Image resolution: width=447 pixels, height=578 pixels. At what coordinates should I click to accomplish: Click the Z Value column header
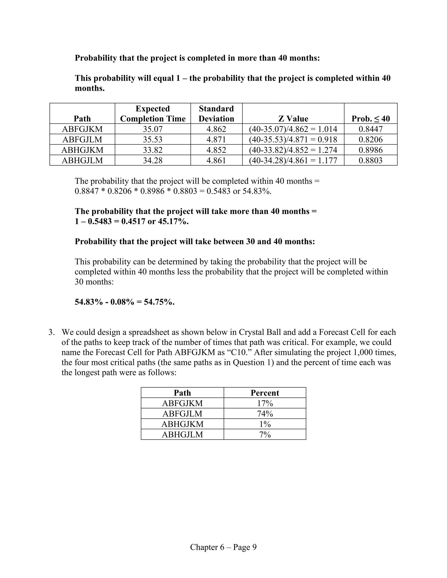(293, 119)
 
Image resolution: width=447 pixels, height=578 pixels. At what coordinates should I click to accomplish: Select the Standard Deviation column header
(216, 114)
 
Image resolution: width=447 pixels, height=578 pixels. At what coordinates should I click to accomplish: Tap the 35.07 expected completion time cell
(153, 129)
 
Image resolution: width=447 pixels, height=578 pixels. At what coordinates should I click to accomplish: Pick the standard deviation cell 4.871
(216, 139)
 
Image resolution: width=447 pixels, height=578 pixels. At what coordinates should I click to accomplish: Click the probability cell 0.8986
(370, 150)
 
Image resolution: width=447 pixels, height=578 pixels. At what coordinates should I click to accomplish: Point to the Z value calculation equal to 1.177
(293, 160)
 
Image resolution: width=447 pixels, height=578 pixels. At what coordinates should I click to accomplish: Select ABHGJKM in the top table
(82, 150)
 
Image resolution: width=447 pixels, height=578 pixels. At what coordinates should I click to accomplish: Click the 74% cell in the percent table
(265, 414)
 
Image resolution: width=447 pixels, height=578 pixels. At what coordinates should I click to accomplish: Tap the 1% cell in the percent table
(265, 424)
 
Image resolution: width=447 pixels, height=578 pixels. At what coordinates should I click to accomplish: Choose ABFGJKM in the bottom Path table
(182, 403)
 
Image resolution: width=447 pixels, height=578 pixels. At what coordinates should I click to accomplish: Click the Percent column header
(265, 393)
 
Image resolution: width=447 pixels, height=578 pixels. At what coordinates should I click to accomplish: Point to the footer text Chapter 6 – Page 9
(223, 547)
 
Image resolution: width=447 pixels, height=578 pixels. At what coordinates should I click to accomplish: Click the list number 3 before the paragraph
(51, 332)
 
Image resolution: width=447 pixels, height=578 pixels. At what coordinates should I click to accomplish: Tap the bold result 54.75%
(159, 302)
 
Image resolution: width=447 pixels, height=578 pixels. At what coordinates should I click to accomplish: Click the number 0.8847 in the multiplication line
(87, 191)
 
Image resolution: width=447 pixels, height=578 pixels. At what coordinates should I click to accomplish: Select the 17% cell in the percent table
(265, 403)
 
